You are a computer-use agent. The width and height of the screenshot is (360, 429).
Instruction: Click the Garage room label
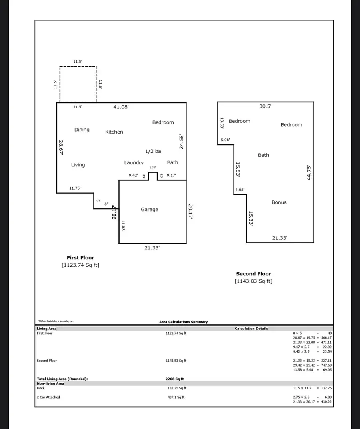click(x=149, y=210)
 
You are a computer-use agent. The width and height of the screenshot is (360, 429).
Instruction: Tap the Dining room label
click(x=82, y=130)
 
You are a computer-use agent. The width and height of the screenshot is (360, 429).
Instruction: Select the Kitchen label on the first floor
click(x=114, y=132)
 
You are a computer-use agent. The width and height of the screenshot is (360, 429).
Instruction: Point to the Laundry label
click(x=134, y=163)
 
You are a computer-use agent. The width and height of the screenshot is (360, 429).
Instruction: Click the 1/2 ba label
click(x=153, y=151)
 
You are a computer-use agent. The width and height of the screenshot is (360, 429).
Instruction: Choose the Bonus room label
click(x=279, y=202)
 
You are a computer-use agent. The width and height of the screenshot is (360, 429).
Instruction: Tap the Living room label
click(x=78, y=165)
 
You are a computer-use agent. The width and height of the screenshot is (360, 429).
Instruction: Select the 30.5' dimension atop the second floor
click(x=266, y=106)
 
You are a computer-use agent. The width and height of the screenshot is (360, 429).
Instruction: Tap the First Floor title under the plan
click(x=80, y=258)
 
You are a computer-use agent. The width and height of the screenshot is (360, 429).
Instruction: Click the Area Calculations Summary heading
click(x=183, y=322)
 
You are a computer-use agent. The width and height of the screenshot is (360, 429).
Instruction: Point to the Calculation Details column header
click(x=251, y=329)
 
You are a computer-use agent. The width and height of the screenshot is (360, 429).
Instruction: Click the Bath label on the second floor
click(x=264, y=155)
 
